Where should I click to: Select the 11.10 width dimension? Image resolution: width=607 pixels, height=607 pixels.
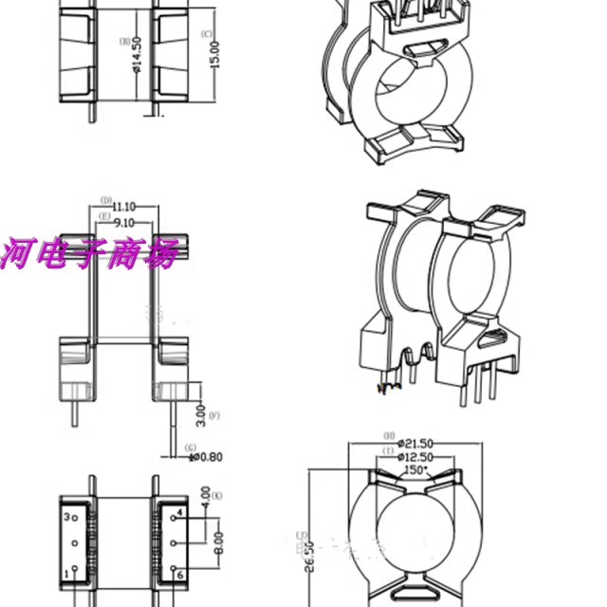[123, 207]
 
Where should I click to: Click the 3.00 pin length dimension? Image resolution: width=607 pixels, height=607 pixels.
[200, 414]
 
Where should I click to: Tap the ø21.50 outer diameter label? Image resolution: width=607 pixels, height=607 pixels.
[414, 443]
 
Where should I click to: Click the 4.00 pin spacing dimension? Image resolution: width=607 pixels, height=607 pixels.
[206, 495]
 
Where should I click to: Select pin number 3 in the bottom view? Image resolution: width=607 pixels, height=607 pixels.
[66, 518]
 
